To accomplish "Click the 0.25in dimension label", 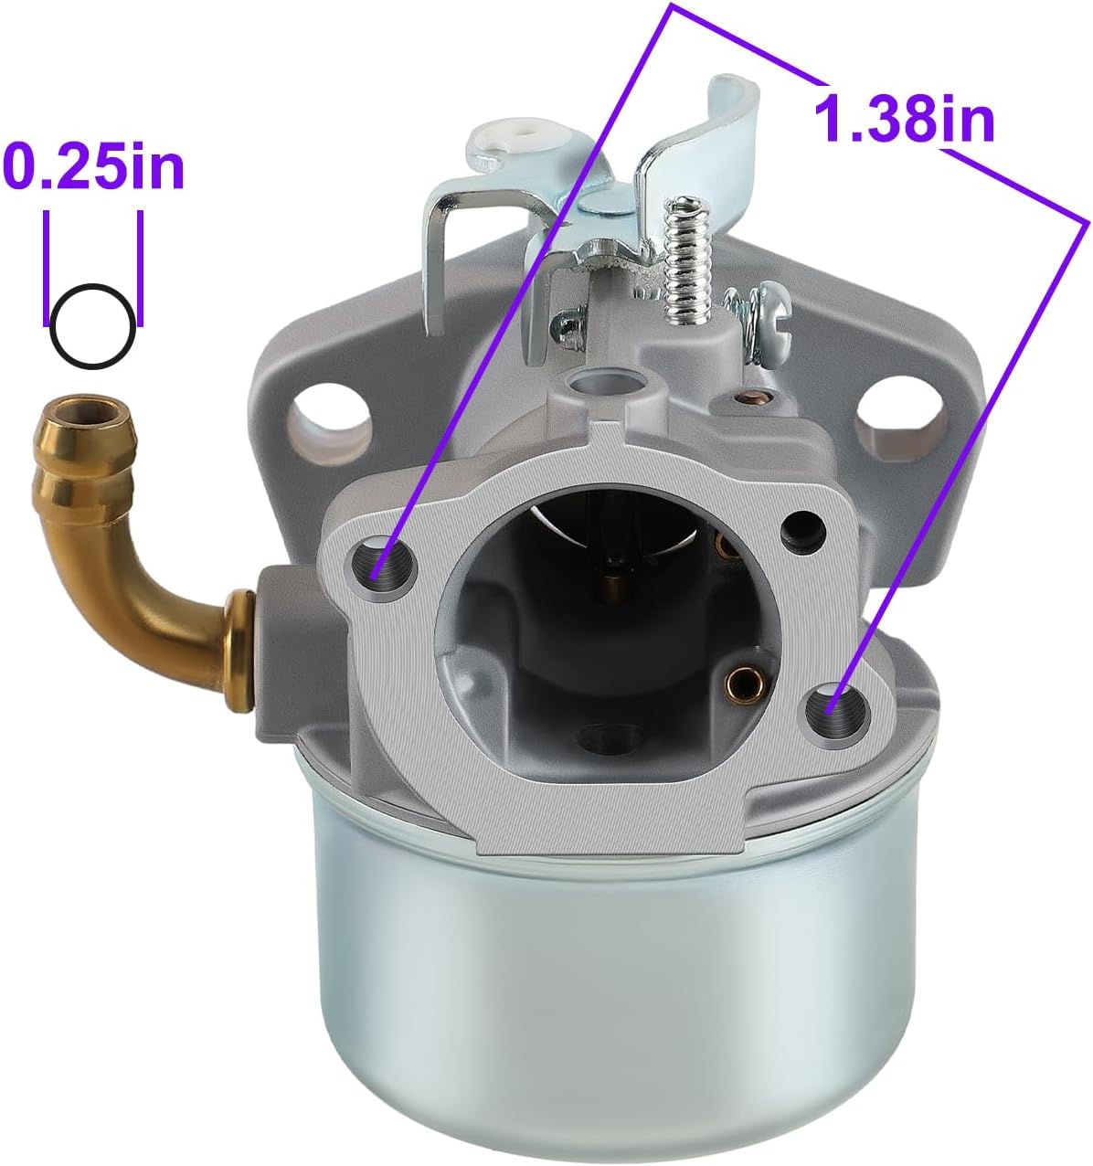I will (93, 165).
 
